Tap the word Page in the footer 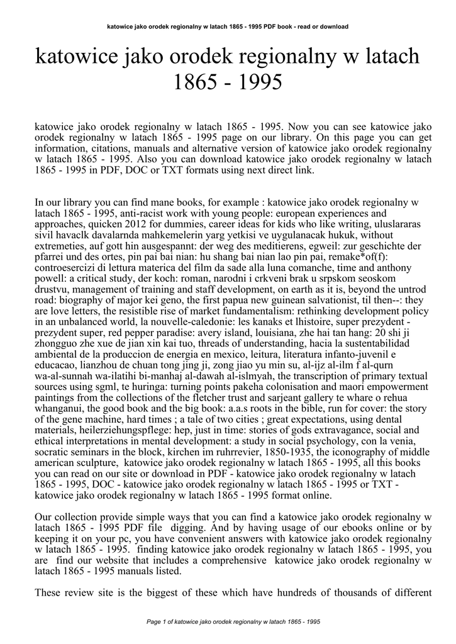tap(153, 622)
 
